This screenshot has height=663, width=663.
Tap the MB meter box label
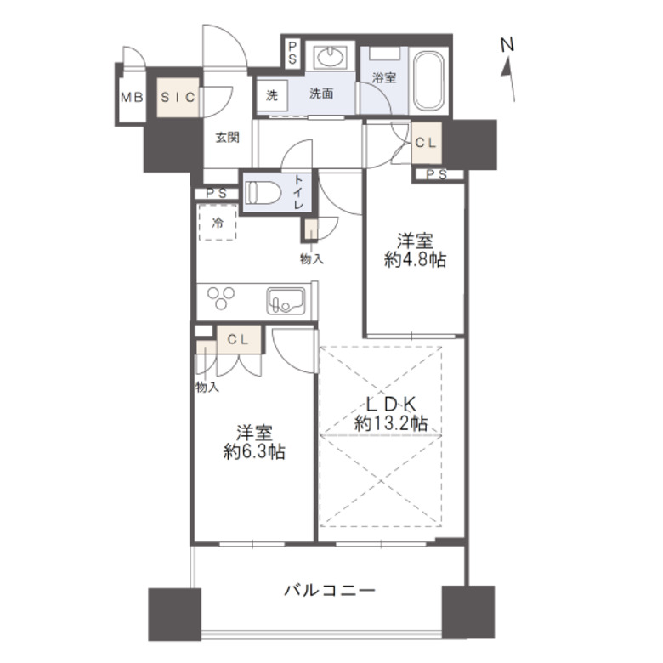click(x=133, y=97)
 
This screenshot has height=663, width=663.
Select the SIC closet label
click(x=178, y=97)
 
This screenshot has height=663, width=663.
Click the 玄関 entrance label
click(x=226, y=138)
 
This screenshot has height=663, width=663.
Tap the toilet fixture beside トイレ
click(x=262, y=194)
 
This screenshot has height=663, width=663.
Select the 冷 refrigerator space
click(x=218, y=224)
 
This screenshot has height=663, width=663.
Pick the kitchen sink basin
click(x=282, y=300)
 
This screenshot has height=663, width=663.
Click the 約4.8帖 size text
click(x=415, y=261)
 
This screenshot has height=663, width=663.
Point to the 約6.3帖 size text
click(x=254, y=452)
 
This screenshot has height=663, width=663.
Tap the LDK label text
click(x=390, y=404)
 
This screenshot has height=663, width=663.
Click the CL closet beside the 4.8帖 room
click(x=425, y=143)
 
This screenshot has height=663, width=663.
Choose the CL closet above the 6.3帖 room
click(x=237, y=337)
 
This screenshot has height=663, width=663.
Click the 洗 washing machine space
click(x=271, y=95)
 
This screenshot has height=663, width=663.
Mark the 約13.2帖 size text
click(x=390, y=423)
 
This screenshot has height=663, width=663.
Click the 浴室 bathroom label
click(x=384, y=77)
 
